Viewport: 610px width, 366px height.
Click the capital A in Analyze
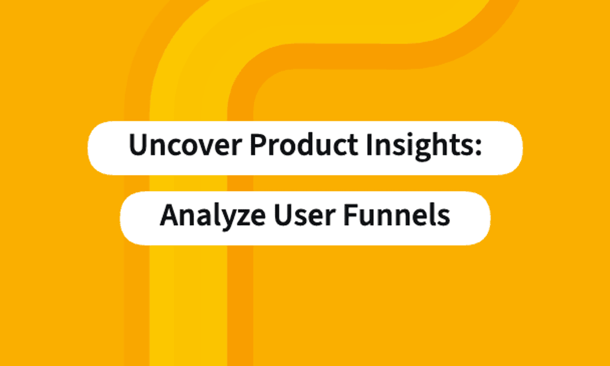(x=169, y=216)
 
